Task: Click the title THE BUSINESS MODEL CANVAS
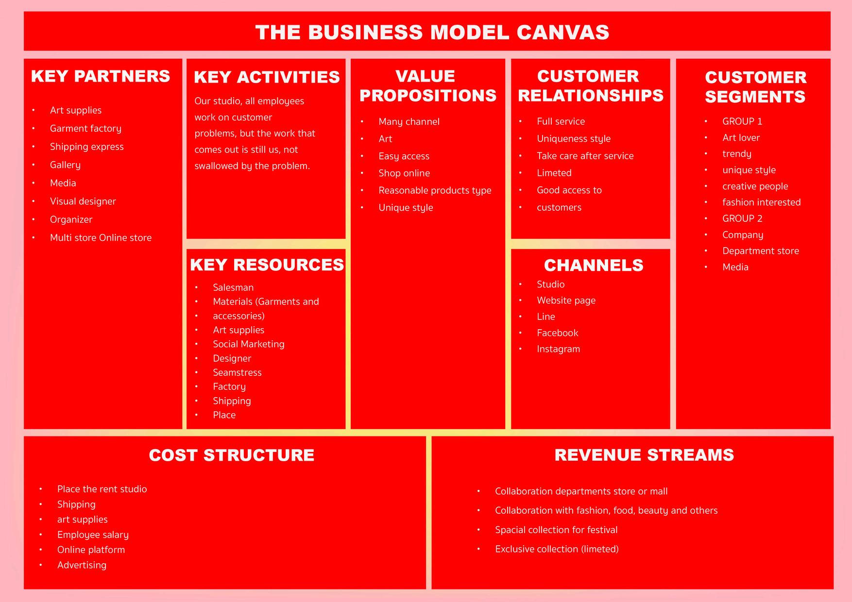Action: pyautogui.click(x=432, y=33)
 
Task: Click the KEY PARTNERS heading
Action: pyautogui.click(x=101, y=76)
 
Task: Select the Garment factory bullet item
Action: pyautogui.click(x=85, y=129)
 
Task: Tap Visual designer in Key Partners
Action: pyautogui.click(x=83, y=201)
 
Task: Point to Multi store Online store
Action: pyautogui.click(x=101, y=238)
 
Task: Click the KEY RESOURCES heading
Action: pyautogui.click(x=267, y=265)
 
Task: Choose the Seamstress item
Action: pyautogui.click(x=237, y=372)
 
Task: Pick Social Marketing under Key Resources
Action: pyautogui.click(x=248, y=344)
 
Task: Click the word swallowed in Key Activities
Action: pyautogui.click(x=217, y=166)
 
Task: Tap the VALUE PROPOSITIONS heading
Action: pyautogui.click(x=427, y=86)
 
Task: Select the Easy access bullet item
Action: pyautogui.click(x=404, y=156)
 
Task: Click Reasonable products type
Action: pyautogui.click(x=435, y=191)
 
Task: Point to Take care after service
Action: pyautogui.click(x=585, y=156)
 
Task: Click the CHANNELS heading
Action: pyautogui.click(x=593, y=265)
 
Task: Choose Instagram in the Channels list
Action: pyautogui.click(x=558, y=349)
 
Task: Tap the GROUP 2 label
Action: pyautogui.click(x=742, y=218)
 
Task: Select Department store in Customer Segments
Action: pyautogui.click(x=760, y=251)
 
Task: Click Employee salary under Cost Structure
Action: pyautogui.click(x=93, y=535)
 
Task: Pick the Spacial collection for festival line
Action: pyautogui.click(x=556, y=530)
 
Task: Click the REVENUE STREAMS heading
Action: pyautogui.click(x=644, y=455)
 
